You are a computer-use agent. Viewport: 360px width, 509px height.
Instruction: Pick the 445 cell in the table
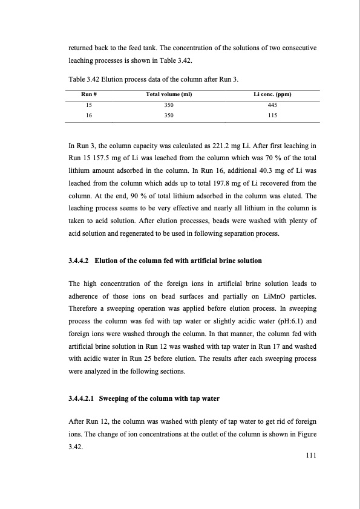(272, 104)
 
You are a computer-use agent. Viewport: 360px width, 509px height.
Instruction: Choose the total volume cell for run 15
(169, 104)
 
